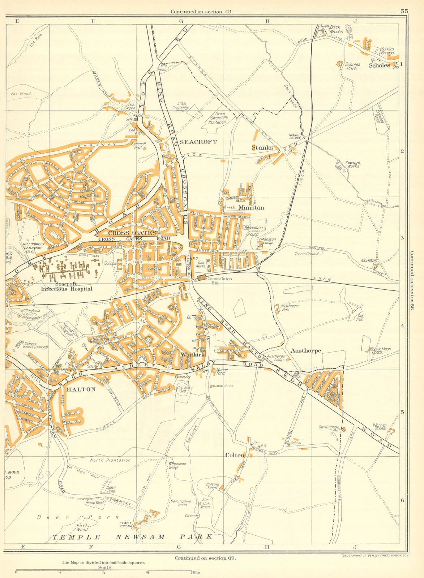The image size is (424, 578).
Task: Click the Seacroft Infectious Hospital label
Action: [x=67, y=286]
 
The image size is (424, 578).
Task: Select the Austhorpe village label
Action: [x=306, y=350]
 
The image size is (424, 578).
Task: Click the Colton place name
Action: [x=235, y=455]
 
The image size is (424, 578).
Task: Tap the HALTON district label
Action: [x=81, y=389]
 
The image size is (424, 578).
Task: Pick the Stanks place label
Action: [x=262, y=147]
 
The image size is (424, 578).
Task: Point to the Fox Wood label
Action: [x=21, y=94]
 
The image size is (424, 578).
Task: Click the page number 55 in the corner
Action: [x=404, y=11]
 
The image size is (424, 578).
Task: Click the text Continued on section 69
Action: [x=205, y=558]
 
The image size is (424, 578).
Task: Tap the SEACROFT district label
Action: [x=198, y=142]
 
